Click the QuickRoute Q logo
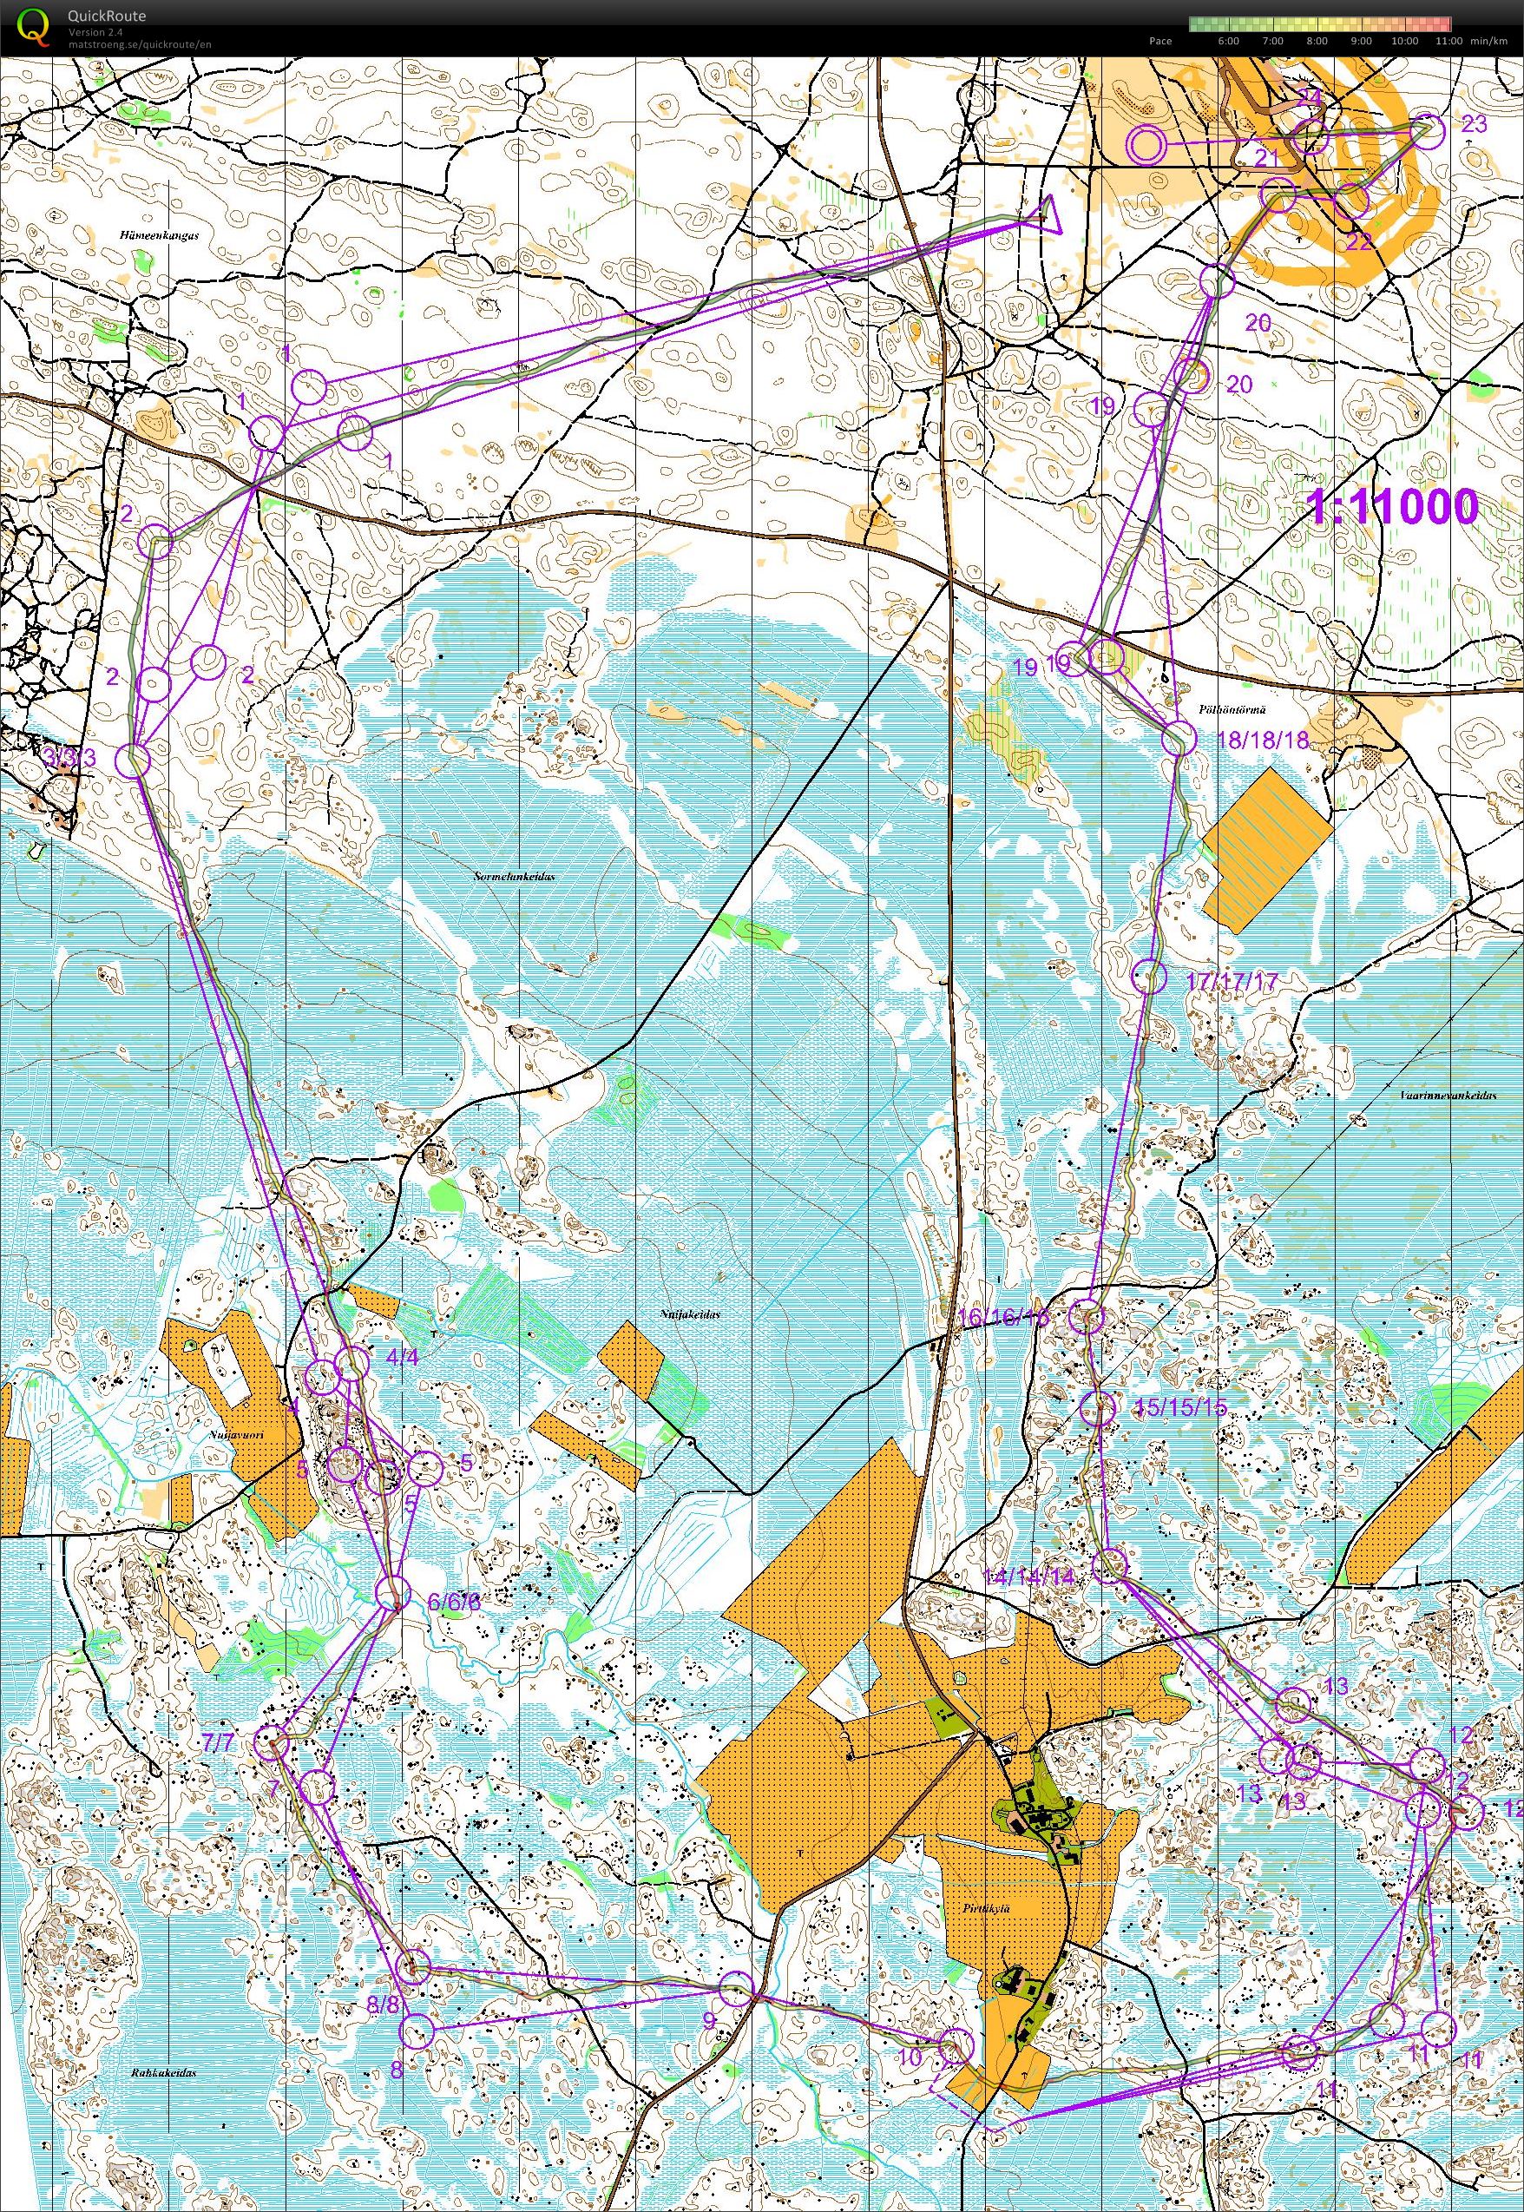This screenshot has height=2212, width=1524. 34,26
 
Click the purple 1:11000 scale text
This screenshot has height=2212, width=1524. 1393,506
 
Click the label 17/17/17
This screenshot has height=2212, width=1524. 1231,980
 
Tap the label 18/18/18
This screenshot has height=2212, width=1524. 1263,741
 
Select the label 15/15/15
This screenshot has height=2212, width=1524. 1181,1407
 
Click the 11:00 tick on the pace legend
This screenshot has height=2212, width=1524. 1448,41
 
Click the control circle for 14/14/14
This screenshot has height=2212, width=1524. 1109,1566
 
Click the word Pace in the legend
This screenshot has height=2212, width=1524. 1160,41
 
